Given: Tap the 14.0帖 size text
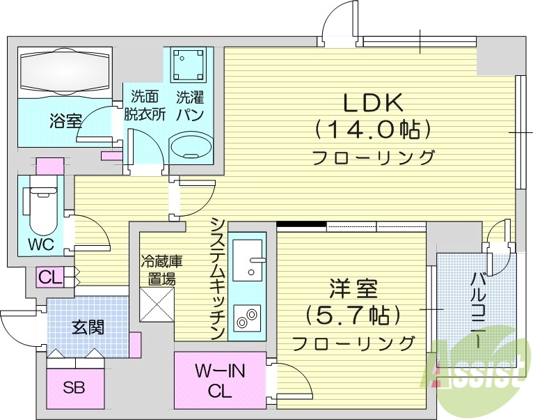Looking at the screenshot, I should (x=373, y=130).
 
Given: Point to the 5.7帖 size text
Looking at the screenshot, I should (x=353, y=314).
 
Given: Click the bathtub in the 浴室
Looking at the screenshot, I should (x=65, y=72).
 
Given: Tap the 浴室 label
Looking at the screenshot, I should (x=65, y=121).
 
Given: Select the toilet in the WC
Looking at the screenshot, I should (x=41, y=209).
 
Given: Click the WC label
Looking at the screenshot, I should (x=42, y=245).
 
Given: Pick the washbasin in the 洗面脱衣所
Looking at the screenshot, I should (x=191, y=147).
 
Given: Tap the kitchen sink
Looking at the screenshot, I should (x=248, y=259).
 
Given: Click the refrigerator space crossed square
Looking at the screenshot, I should (x=156, y=304).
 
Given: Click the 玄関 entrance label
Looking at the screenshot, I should (x=87, y=326).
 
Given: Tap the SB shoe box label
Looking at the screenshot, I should (x=74, y=387).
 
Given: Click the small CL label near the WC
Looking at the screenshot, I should (x=50, y=277).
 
